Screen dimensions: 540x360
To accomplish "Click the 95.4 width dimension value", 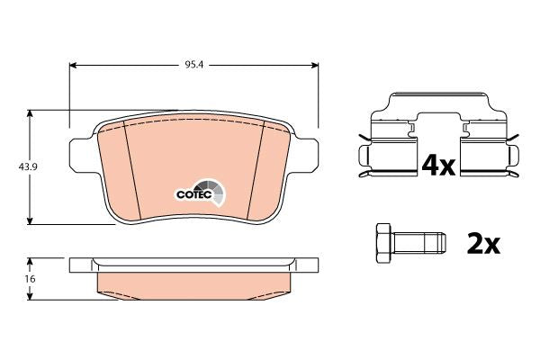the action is coord(194,65).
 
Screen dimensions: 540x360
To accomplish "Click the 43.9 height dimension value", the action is coord(28,167).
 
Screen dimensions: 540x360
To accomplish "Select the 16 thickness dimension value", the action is coord(31,279).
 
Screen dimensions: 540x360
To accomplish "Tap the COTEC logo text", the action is coord(193,194).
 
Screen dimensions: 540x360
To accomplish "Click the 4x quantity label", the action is coord(438,166).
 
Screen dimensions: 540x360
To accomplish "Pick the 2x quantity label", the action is coord(482,243).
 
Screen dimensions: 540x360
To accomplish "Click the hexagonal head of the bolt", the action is coord(383,244).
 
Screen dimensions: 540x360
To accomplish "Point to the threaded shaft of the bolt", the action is coord(418,244).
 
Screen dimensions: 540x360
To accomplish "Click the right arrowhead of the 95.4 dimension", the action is coord(314,65).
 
